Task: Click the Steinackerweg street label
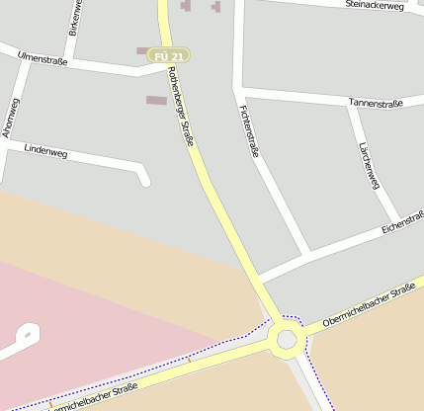pyautogui.click(x=376, y=6)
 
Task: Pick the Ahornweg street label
pyautogui.click(x=9, y=116)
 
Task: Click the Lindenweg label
pyautogui.click(x=45, y=152)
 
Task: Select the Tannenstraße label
pyautogui.click(x=378, y=102)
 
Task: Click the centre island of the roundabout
pyautogui.click(x=287, y=340)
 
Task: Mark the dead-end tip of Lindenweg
pyautogui.click(x=145, y=180)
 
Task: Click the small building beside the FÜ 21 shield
pyautogui.click(x=143, y=50)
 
